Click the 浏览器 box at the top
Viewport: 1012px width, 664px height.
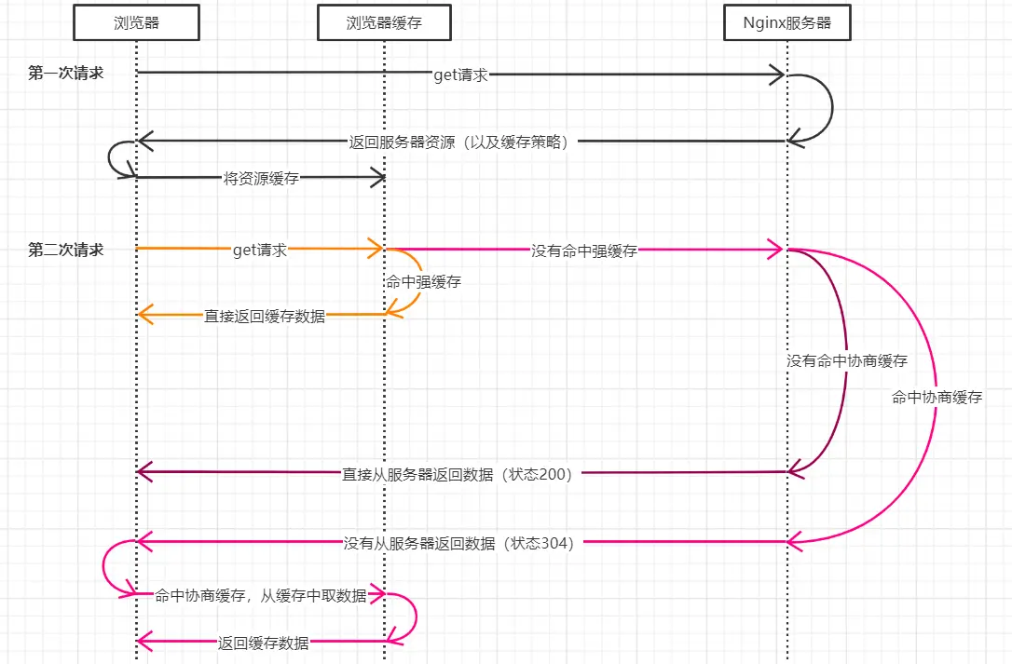tap(136, 22)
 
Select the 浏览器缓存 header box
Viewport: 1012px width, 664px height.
tap(384, 22)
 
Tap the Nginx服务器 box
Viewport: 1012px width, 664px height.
tap(787, 22)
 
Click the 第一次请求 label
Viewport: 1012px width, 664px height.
tap(65, 74)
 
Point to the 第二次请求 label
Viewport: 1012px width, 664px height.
tap(65, 250)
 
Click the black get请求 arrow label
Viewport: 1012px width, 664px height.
tap(460, 75)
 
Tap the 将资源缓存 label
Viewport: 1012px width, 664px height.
tap(261, 178)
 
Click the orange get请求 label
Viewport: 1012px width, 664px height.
tap(260, 250)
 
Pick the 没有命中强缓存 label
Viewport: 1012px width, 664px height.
tap(584, 250)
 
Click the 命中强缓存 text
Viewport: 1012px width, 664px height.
tap(422, 280)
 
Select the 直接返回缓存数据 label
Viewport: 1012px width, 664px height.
tap(265, 316)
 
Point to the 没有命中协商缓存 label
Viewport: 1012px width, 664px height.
tap(846, 360)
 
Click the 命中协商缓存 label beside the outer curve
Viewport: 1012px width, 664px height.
tap(937, 398)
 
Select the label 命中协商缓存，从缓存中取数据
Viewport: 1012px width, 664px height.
tap(261, 596)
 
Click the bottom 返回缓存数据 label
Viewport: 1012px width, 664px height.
tap(264, 643)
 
